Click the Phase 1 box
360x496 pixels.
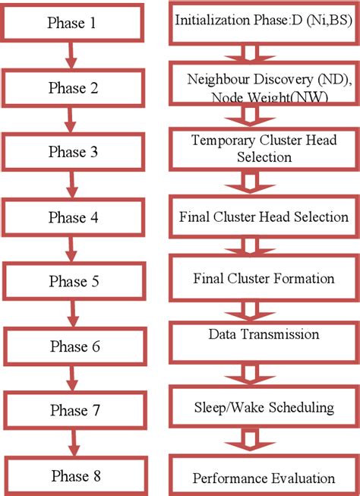71,23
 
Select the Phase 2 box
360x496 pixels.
72,87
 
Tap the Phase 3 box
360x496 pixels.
72,152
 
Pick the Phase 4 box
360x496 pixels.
72,217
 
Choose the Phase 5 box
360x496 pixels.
72,282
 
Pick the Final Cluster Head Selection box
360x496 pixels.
263,217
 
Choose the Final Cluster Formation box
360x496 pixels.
263,278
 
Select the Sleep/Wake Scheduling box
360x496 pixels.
263,408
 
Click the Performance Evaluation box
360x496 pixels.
263,477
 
